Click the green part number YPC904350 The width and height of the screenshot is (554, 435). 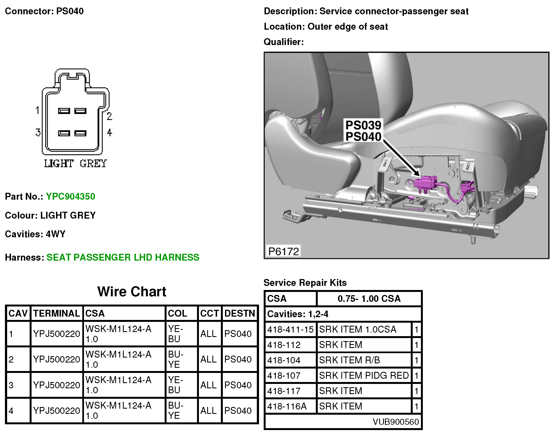(71, 197)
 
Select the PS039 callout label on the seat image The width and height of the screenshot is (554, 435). (363, 125)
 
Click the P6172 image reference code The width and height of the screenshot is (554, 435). (283, 251)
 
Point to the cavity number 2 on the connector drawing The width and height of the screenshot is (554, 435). (109, 116)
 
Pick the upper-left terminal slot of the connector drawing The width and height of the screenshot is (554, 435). (64, 111)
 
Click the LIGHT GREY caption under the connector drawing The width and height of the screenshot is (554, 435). (75, 164)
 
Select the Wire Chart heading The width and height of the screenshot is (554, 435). (132, 292)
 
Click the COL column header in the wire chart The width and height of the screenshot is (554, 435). (177, 313)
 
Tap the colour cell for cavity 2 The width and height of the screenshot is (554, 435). (176, 359)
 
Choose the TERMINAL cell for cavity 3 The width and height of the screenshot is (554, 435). (57, 385)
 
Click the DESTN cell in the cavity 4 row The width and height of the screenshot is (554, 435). (238, 411)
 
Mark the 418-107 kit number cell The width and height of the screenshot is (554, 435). (284, 375)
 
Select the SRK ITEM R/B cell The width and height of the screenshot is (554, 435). (349, 360)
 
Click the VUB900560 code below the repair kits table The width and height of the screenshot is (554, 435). (396, 422)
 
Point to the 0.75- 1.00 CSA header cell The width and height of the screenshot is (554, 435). (369, 299)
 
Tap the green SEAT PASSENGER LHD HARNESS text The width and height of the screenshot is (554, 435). (123, 257)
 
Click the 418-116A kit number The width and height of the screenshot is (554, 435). (287, 406)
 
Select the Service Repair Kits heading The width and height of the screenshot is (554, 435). (305, 283)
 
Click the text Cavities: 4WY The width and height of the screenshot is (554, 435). (35, 234)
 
